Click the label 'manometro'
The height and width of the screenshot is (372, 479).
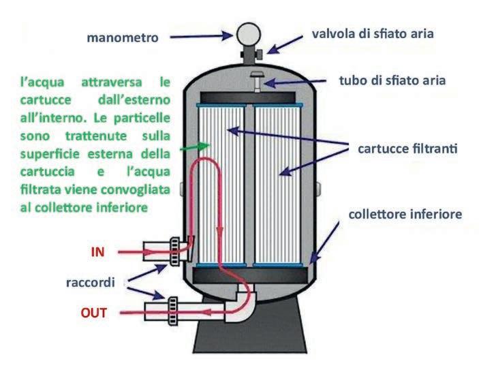tap(122, 37)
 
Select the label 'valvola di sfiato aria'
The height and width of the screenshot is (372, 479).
tap(372, 33)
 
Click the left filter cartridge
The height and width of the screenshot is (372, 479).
tap(219, 184)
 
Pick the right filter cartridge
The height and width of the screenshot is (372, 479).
tap(281, 184)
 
